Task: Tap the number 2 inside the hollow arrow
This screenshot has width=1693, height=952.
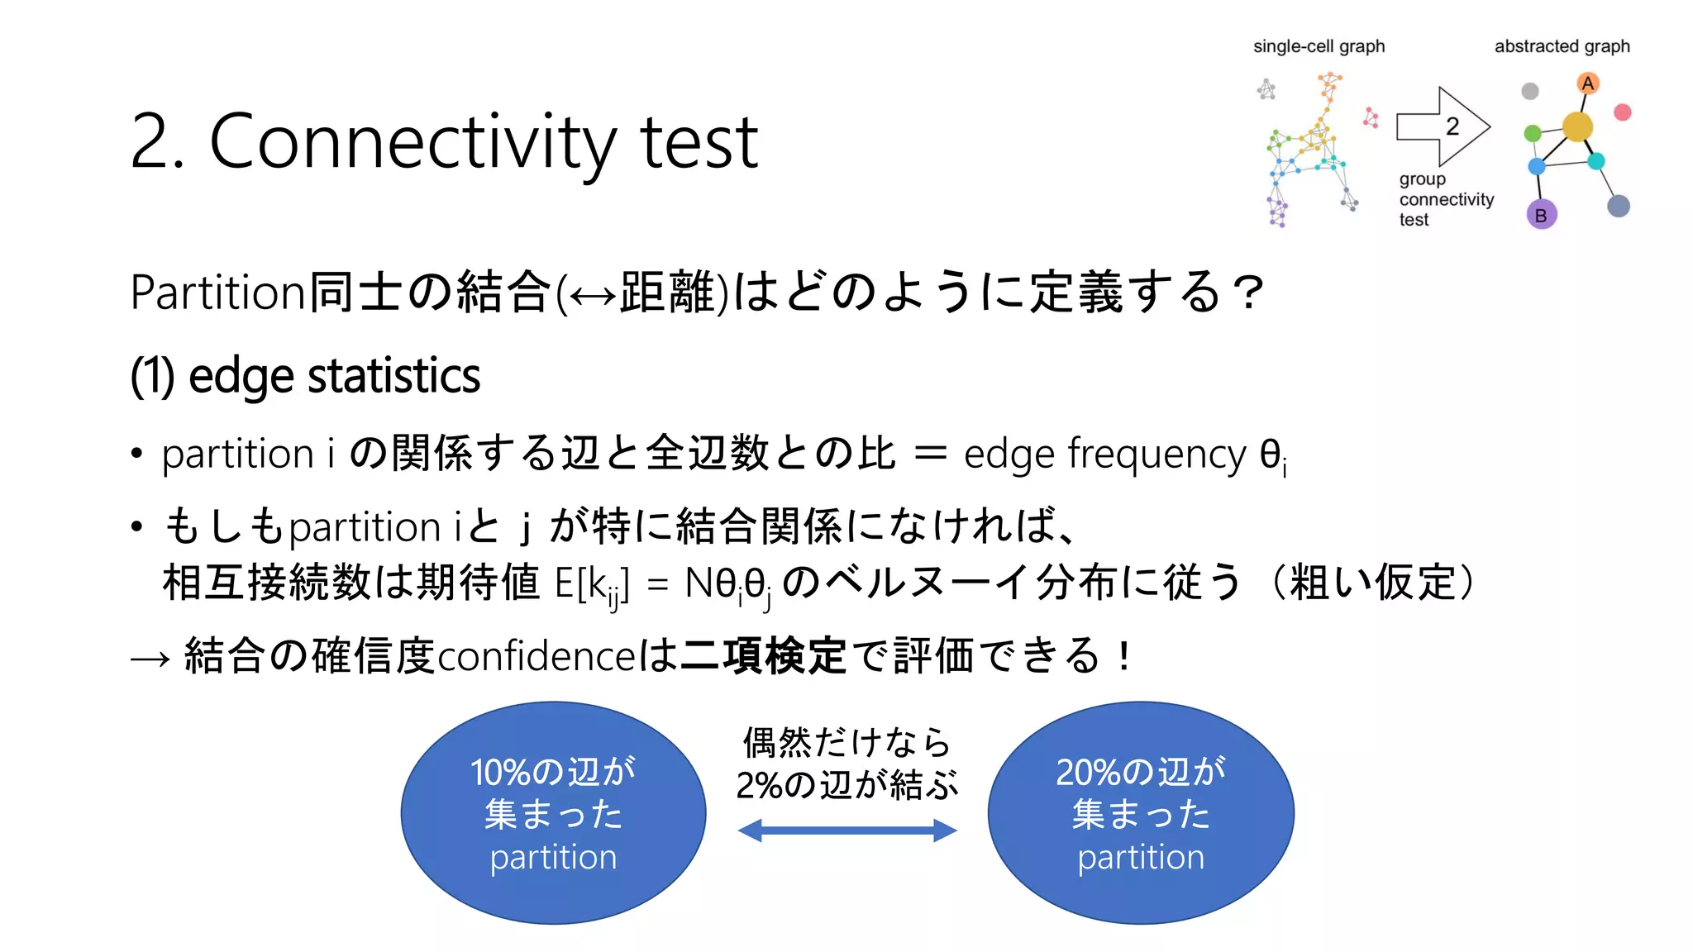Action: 1452,126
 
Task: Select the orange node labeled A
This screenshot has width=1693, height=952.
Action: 1587,83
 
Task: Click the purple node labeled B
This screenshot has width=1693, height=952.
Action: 1541,216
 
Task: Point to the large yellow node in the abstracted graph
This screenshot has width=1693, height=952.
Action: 1577,126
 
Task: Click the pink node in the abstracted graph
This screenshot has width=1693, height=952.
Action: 1623,112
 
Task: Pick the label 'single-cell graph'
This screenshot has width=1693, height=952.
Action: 1319,46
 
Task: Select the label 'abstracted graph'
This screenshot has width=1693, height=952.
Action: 1562,46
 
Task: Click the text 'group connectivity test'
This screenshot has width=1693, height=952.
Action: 1446,199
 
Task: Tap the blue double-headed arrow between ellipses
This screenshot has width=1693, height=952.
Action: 847,831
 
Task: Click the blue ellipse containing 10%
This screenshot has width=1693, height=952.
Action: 553,813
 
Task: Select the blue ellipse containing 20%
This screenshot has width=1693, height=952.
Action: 1141,813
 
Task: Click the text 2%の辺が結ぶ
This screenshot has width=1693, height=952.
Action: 847,785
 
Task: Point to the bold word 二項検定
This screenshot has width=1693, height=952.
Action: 763,656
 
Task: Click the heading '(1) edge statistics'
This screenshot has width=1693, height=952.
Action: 305,376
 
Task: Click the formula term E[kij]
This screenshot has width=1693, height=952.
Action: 591,585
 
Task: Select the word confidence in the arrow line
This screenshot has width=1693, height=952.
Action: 537,656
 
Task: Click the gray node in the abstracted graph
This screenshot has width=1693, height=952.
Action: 1530,91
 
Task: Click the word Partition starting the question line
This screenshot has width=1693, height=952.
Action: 218,293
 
